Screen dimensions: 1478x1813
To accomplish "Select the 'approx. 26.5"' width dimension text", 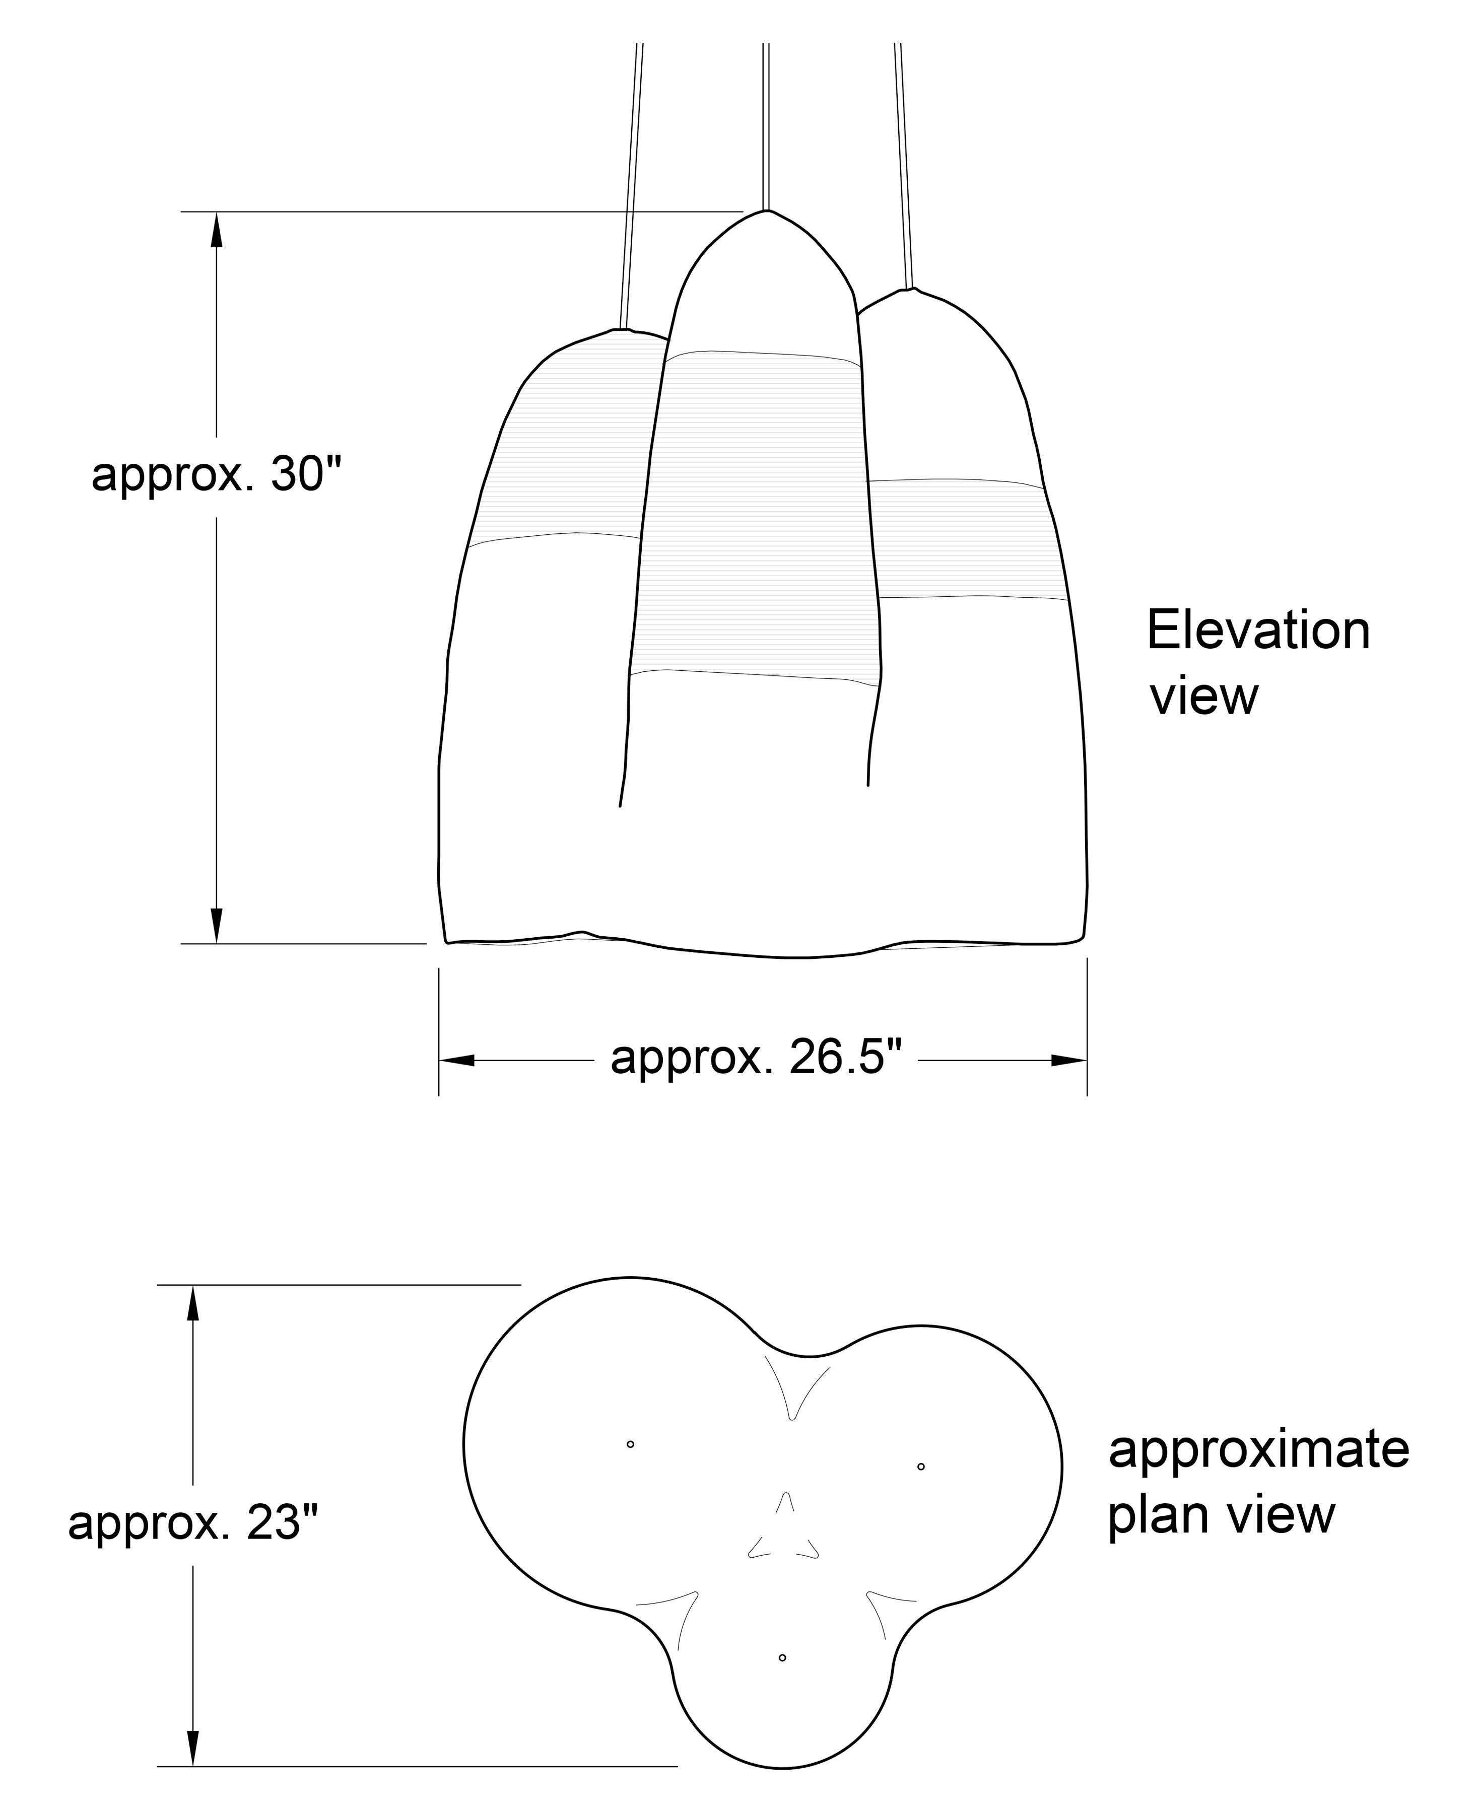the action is tap(756, 1058).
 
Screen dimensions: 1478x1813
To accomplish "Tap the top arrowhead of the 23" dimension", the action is tap(193, 1303).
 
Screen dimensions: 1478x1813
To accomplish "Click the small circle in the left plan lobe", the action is tap(630, 1444).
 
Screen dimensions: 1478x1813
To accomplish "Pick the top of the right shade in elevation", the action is tap(910, 290).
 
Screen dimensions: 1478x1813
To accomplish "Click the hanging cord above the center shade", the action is tap(766, 126).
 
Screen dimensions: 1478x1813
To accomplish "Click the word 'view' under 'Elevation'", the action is tap(1203, 697).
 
